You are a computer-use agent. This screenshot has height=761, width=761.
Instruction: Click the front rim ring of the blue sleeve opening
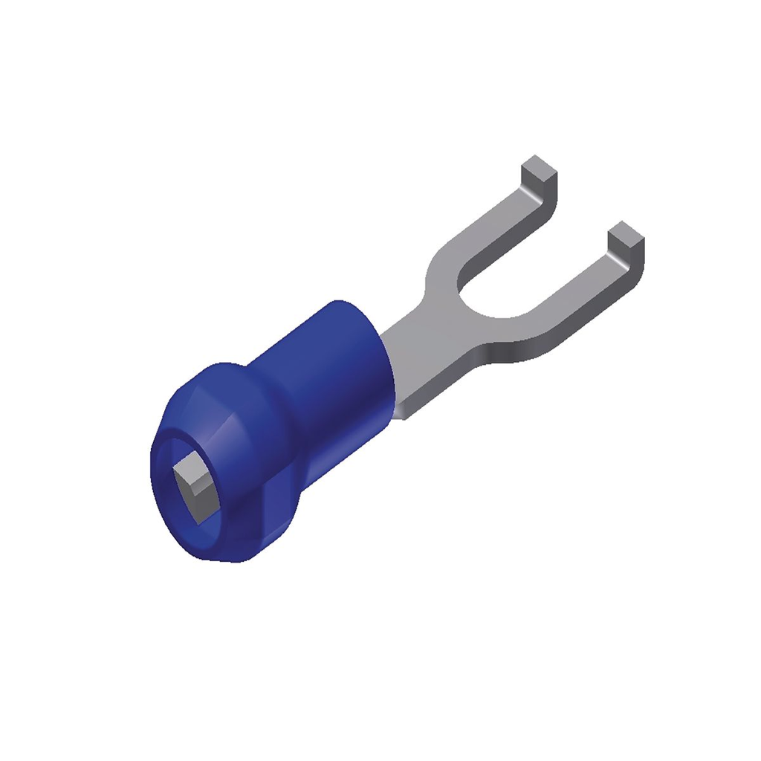click(160, 513)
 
